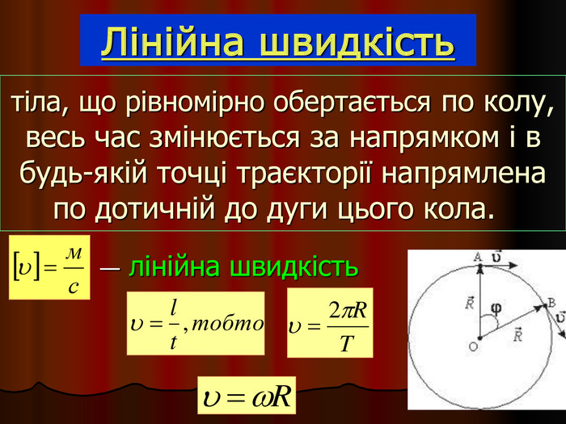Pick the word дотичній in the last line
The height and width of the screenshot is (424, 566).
click(x=155, y=209)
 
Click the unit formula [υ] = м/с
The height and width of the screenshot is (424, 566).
click(x=49, y=267)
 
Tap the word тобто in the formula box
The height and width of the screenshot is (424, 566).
click(x=227, y=324)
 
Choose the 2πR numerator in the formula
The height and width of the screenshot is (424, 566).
click(x=347, y=310)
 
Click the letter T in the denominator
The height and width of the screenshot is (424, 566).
click(x=346, y=343)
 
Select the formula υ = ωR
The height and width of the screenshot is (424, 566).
click(x=247, y=396)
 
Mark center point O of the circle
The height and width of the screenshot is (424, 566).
click(x=479, y=338)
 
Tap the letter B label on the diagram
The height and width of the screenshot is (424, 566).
click(x=551, y=303)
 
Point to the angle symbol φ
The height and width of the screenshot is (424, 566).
click(x=496, y=309)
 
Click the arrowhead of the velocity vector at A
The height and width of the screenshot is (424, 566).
click(x=513, y=266)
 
